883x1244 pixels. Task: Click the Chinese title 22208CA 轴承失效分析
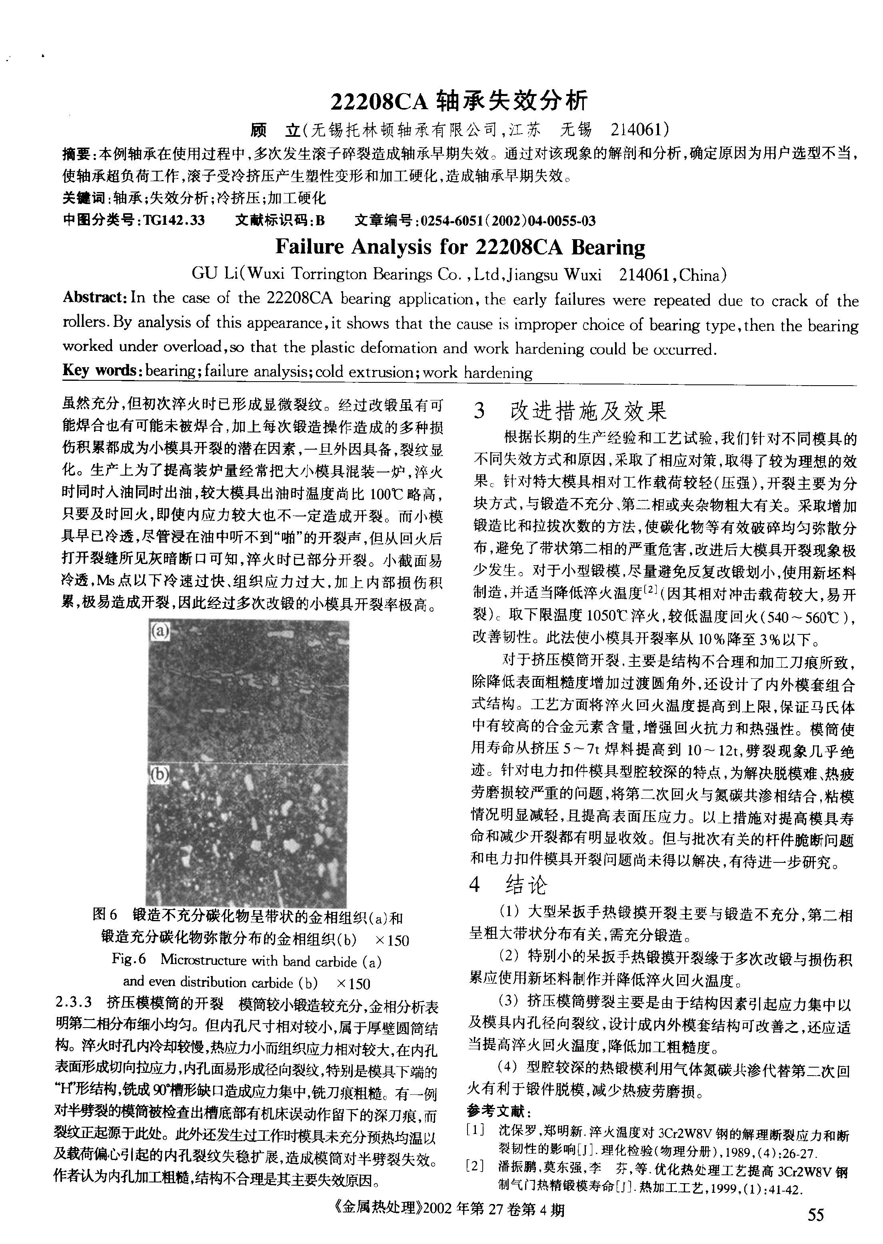[459, 101]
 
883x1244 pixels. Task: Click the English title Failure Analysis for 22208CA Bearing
[460, 247]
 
